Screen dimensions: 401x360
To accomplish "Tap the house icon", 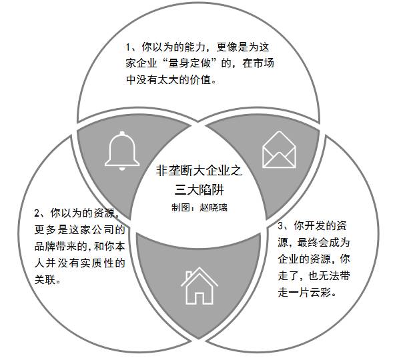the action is [x=199, y=285].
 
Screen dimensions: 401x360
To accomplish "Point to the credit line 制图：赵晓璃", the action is [x=199, y=207].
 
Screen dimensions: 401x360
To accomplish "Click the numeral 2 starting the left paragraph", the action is [x=37, y=214].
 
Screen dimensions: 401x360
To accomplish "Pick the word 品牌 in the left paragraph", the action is [x=47, y=247].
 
